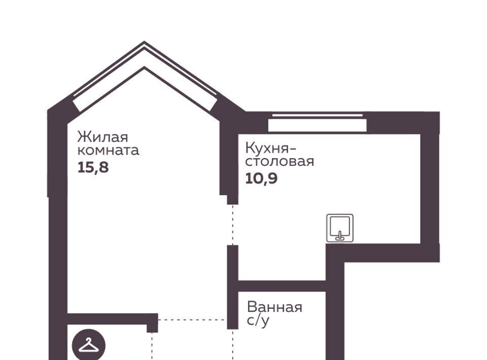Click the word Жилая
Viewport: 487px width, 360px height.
(x=102, y=137)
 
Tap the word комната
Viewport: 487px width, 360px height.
(x=108, y=151)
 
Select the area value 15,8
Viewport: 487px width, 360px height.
(x=93, y=168)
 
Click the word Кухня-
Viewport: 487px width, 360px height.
(x=271, y=148)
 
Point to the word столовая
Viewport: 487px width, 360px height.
(x=280, y=162)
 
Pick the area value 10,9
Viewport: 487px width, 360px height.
(x=261, y=178)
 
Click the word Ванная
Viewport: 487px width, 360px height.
(x=274, y=307)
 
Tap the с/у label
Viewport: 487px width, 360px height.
(x=258, y=321)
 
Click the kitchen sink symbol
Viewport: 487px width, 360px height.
(x=340, y=228)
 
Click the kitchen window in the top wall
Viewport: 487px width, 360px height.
(x=318, y=123)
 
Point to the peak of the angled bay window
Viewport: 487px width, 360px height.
(x=144, y=42)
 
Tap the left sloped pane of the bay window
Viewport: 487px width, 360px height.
(x=109, y=76)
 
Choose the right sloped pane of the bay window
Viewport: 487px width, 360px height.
(x=181, y=76)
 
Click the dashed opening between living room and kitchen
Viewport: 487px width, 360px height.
(x=233, y=225)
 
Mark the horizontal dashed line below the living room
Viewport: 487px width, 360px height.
(x=192, y=319)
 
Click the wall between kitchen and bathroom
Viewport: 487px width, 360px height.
(x=282, y=286)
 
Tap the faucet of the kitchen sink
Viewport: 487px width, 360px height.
(x=340, y=236)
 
